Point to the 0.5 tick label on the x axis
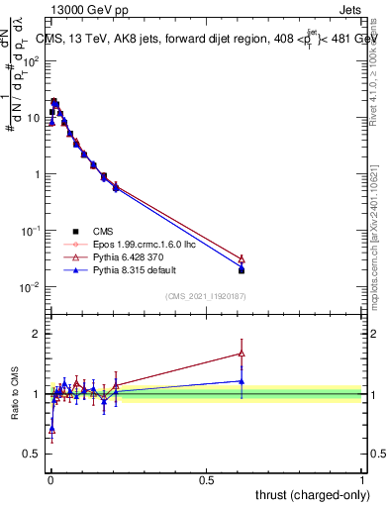[x=206, y=479]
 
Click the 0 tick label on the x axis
[x=50, y=479]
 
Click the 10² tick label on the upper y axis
[x=31, y=61]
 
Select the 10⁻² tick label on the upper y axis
[x=30, y=287]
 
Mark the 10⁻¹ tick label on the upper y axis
[x=30, y=231]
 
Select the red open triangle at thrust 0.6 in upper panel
[x=242, y=258]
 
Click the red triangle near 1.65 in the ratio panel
[x=242, y=354]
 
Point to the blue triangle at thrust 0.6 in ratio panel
[x=242, y=381]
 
